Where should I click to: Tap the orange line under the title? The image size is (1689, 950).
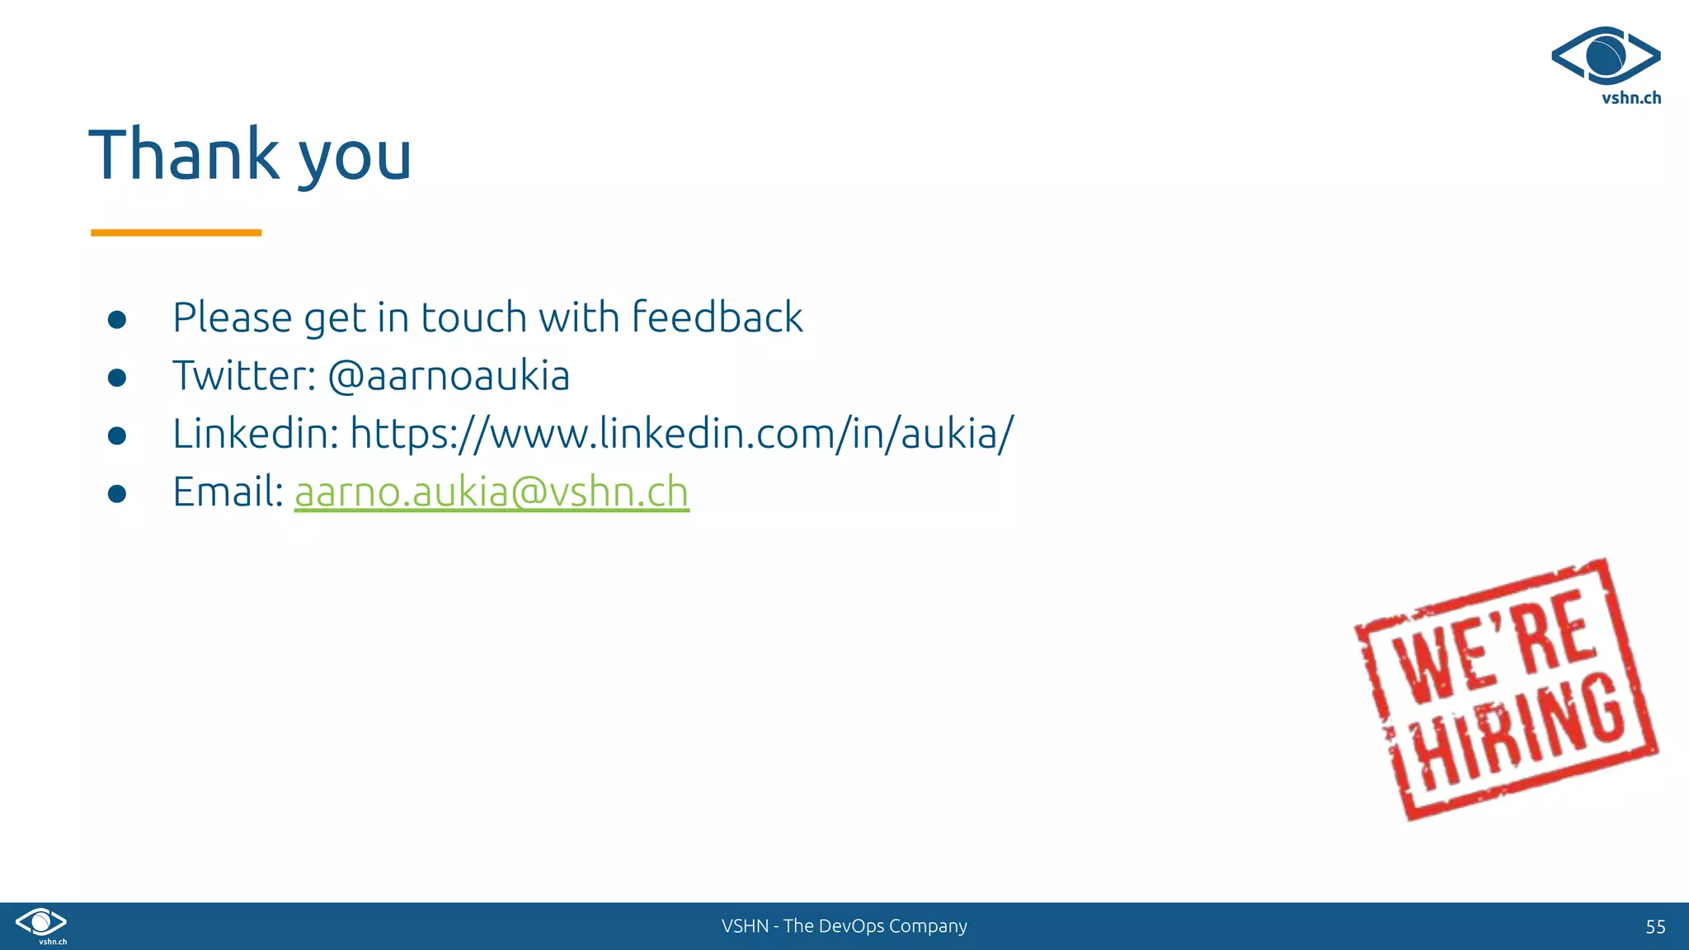176,233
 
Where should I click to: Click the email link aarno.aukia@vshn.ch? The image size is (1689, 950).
492,492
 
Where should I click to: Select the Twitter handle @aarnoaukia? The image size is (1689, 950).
449,376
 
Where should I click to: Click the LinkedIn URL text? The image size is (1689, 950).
682,434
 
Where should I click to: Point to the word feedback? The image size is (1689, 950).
717,317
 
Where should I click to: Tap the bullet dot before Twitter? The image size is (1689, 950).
117,378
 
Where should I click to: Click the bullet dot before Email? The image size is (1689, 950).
117,493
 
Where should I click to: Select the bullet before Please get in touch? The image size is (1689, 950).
117,319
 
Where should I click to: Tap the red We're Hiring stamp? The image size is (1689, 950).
1506,689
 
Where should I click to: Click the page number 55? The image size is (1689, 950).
1655,927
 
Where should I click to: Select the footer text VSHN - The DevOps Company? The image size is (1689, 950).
844,926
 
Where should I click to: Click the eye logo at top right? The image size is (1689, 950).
1605,56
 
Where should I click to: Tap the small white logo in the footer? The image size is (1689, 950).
41,924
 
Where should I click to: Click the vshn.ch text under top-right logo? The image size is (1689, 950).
1630,98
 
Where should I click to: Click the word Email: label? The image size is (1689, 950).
228,492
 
